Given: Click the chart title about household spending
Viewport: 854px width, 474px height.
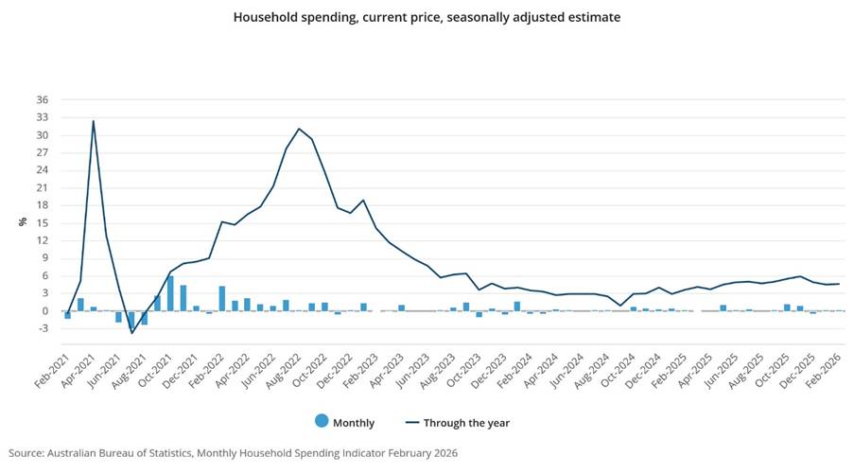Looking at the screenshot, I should [427, 17].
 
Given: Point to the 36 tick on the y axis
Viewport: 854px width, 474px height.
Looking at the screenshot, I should [42, 99].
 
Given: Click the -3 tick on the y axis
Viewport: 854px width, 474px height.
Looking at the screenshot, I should [42, 328].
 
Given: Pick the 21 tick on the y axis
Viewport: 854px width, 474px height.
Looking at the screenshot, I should [42, 187].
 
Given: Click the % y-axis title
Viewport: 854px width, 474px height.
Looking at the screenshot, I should [22, 222].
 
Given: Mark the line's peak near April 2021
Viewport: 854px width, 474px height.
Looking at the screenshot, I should [93, 120].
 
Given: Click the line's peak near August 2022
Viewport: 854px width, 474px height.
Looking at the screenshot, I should [299, 129].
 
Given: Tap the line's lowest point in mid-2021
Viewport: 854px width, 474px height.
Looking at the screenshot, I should [131, 333].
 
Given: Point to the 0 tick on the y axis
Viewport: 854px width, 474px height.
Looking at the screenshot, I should [42, 310].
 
